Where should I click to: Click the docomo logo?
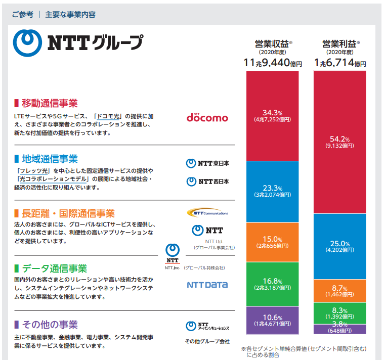point(207,117)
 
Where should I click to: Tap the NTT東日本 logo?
point(207,163)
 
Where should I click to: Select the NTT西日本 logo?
point(207,182)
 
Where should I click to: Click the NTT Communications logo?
point(207,213)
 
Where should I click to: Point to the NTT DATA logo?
point(207,285)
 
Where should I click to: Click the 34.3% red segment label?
point(272,116)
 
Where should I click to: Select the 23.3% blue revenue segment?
point(272,192)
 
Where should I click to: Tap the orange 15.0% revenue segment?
point(272,242)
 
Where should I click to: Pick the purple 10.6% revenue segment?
point(272,320)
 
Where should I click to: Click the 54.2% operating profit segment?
point(339,142)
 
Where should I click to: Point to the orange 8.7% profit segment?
point(339,291)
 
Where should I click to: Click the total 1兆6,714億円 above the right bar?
point(340,63)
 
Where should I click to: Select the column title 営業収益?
point(272,44)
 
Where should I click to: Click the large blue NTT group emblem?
point(27,43)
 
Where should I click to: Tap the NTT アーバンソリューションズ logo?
point(207,326)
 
